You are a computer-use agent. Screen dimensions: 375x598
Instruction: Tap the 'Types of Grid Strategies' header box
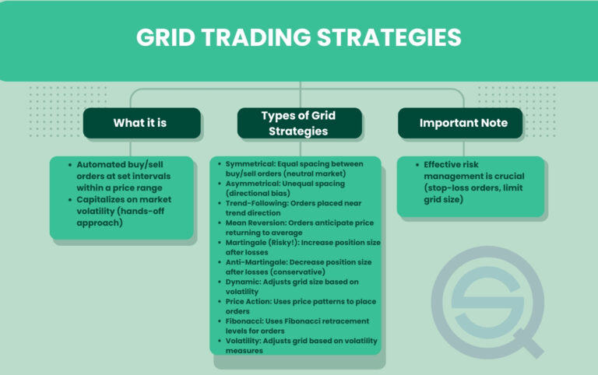pos(299,123)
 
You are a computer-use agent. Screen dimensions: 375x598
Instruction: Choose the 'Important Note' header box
pos(459,123)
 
